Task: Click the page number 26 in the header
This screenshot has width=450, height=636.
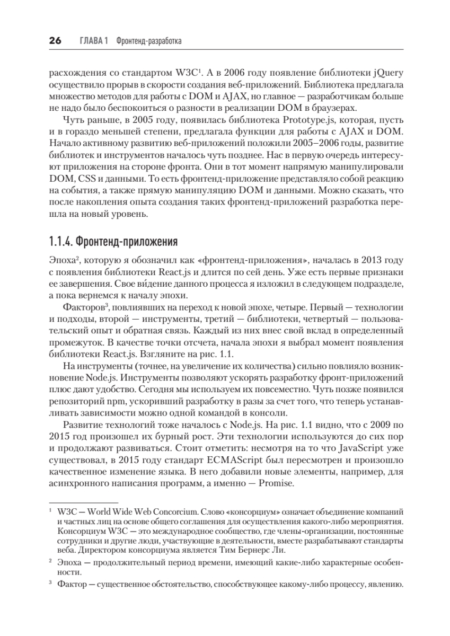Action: pyautogui.click(x=55, y=41)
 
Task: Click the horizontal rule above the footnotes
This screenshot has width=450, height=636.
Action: pyautogui.click(x=83, y=501)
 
